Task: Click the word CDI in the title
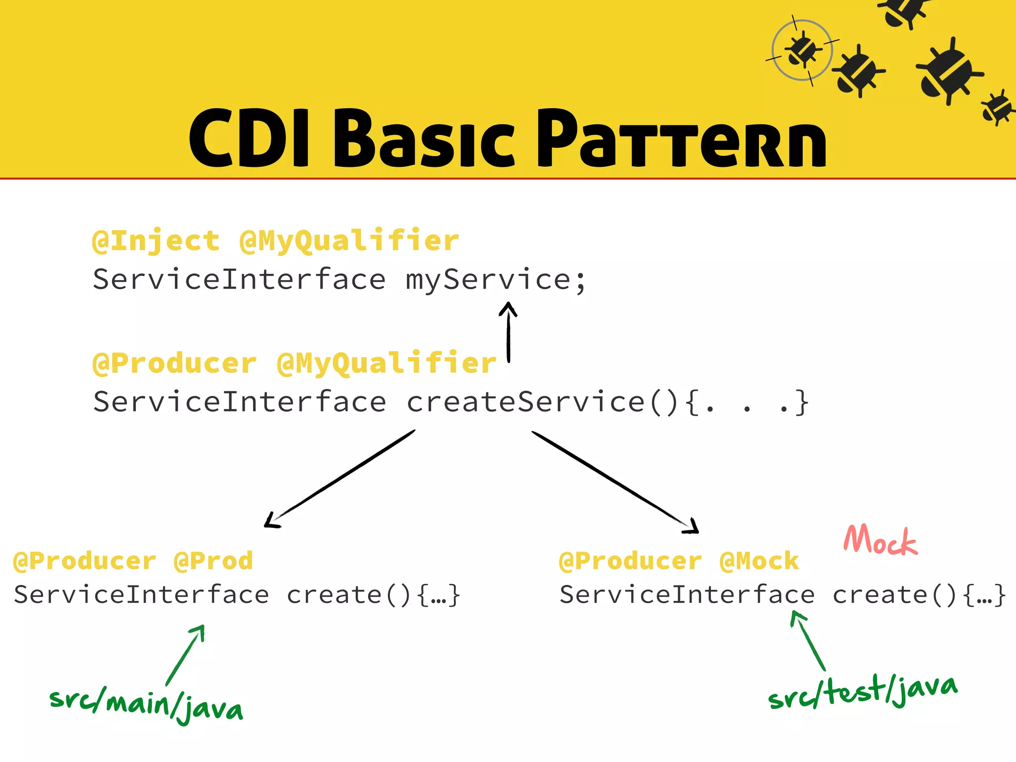tap(250, 139)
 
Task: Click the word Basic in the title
tap(425, 140)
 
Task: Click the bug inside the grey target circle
tap(802, 50)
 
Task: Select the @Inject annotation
tap(156, 242)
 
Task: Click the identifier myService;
tap(496, 280)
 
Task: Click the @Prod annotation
tap(213, 561)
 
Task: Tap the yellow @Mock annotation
tap(759, 561)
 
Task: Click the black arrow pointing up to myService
tap(508, 331)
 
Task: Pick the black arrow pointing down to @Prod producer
tap(340, 479)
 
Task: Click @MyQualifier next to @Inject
tap(349, 242)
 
